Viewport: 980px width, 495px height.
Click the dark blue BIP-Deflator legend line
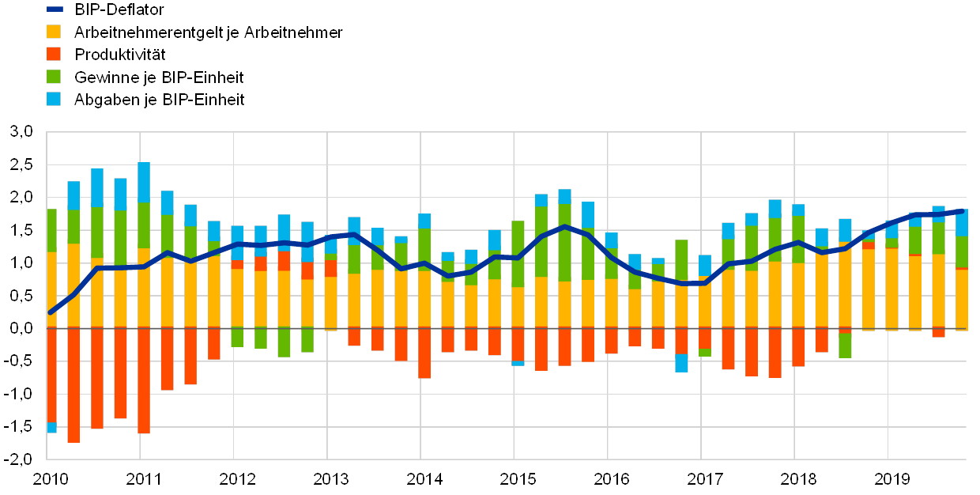55,9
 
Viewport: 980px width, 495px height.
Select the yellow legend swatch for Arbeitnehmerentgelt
55,32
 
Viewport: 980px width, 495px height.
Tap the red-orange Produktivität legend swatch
55,54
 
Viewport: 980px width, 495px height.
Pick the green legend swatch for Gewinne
55,77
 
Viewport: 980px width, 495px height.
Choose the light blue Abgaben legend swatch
55,99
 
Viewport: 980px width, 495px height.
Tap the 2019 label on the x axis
891,478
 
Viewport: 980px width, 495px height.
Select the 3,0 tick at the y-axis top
21,132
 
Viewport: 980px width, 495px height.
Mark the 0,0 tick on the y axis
21,327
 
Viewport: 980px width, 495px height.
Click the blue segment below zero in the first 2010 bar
51,428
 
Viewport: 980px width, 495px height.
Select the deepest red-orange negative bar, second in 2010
73,385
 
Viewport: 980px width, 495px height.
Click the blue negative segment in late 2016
681,363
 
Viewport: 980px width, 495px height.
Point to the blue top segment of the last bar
962,223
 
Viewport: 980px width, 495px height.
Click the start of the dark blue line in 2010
51,312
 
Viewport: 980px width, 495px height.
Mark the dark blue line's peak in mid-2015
564,227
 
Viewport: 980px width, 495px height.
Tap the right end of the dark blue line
963,211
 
